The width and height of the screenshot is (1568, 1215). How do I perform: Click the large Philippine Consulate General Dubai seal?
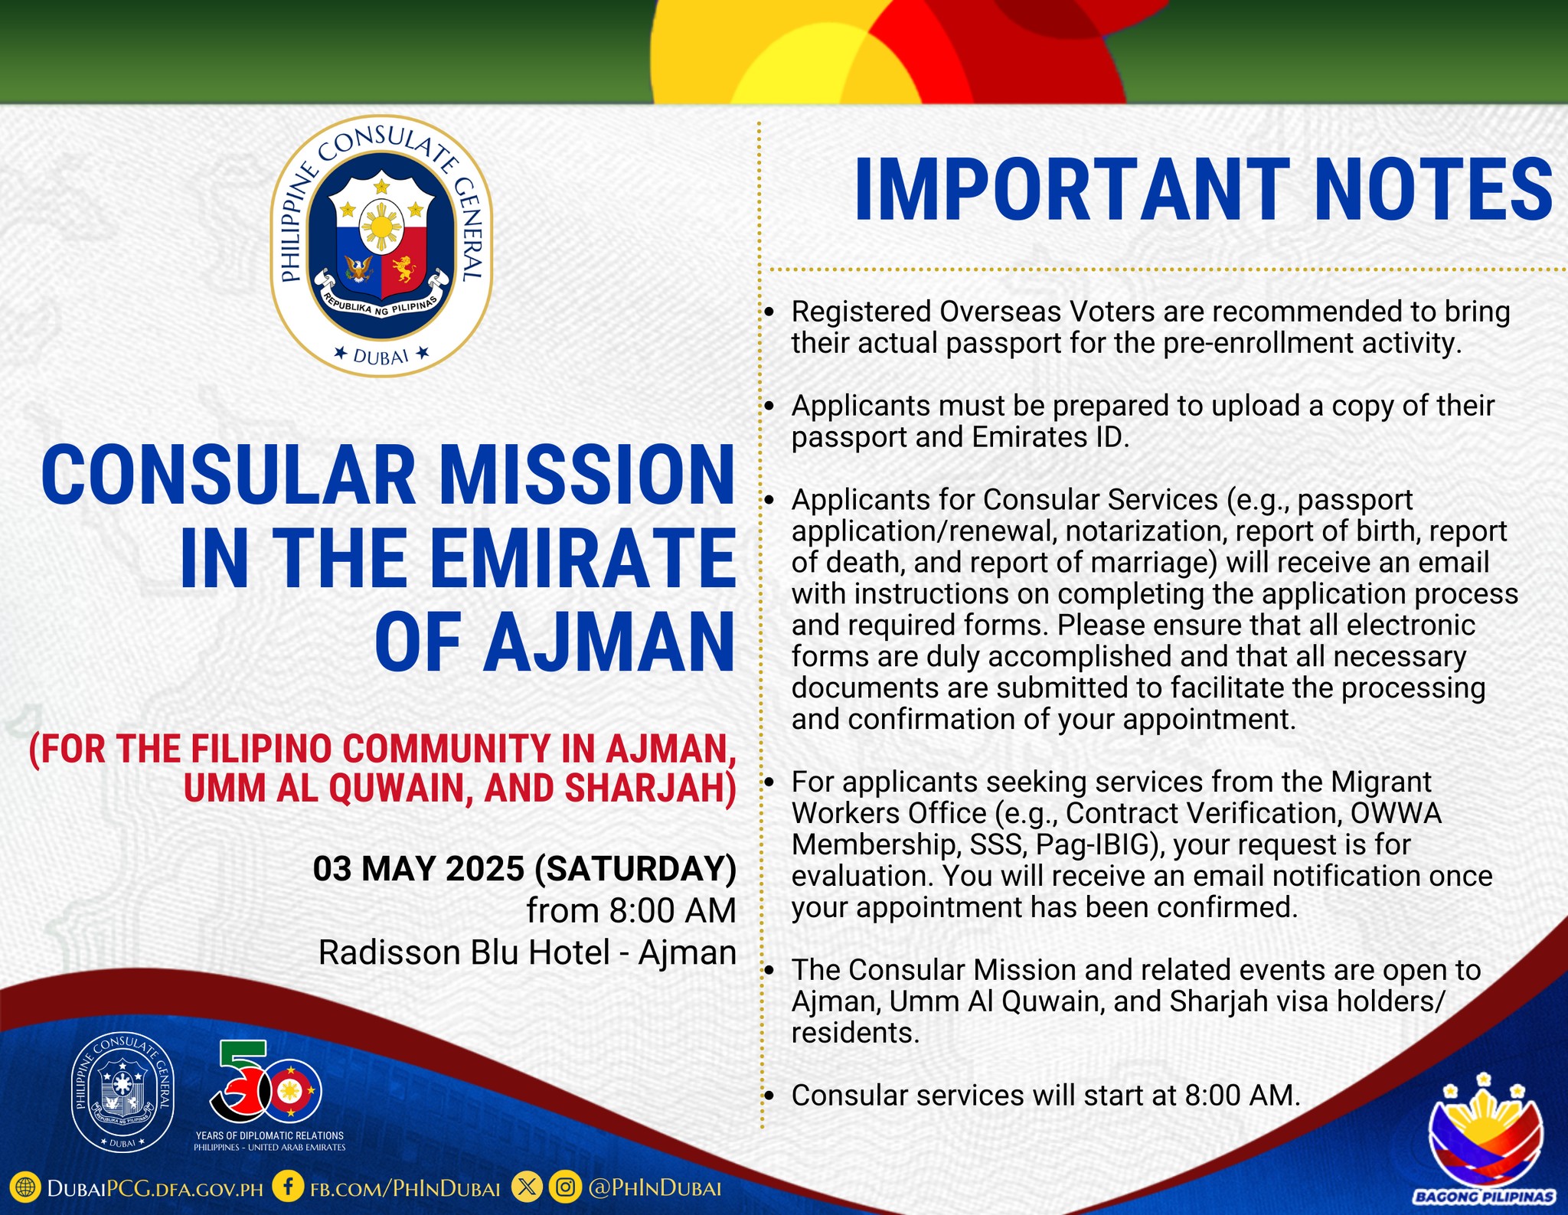point(381,246)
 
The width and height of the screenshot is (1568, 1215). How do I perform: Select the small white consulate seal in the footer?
point(122,1092)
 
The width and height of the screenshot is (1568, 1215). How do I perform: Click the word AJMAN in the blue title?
point(609,642)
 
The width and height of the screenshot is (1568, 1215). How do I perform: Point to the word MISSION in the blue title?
point(586,475)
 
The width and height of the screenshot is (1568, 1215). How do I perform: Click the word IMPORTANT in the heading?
point(1072,189)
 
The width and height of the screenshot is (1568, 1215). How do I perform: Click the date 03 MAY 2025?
point(419,869)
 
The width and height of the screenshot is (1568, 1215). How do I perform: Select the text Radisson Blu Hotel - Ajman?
point(528,953)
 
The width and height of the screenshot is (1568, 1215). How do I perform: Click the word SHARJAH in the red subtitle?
point(651,789)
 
